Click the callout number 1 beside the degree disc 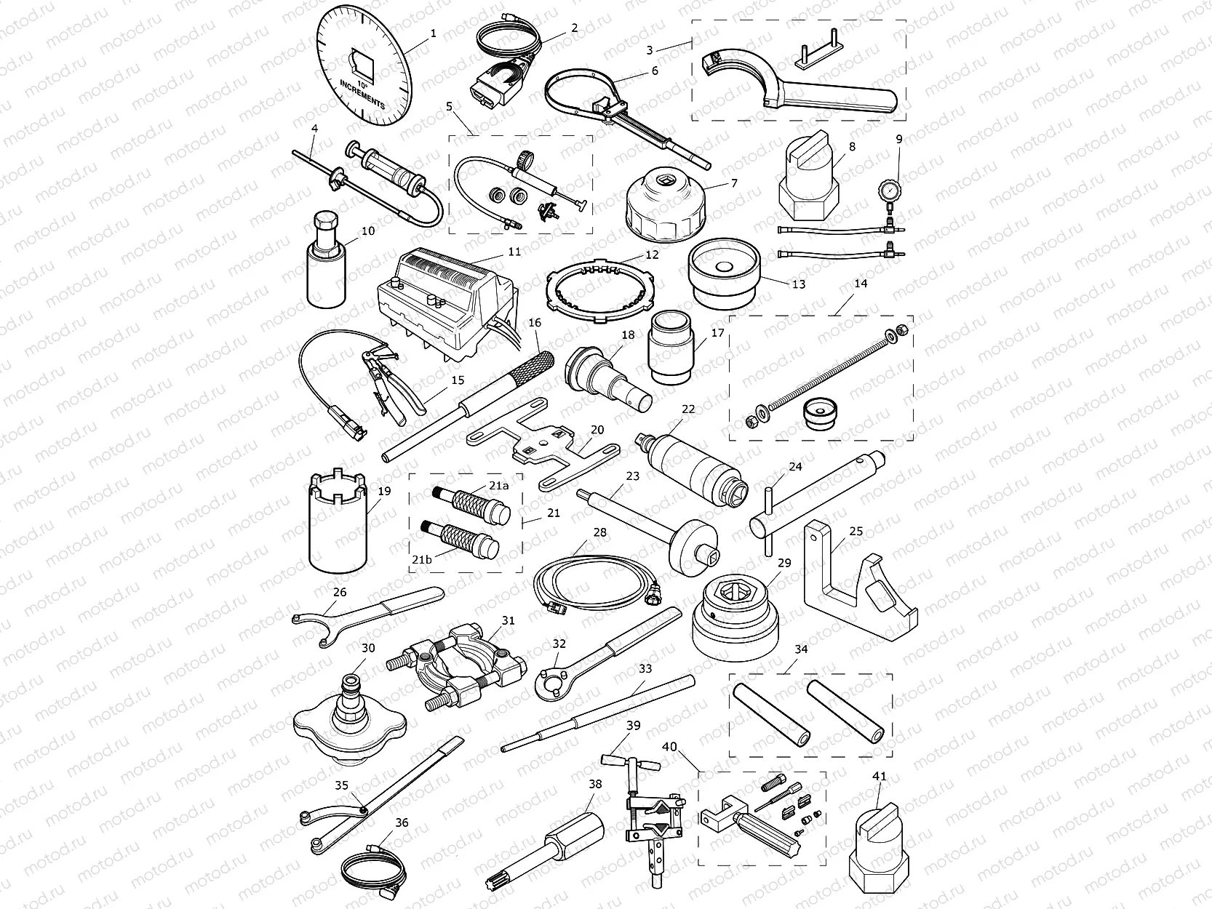point(434,33)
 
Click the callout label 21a point(498,484)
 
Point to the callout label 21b point(421,558)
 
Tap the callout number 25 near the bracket point(856,532)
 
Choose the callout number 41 point(880,777)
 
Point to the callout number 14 point(861,284)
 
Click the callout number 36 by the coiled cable point(402,822)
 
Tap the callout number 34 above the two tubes point(801,649)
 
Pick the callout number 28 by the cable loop point(599,532)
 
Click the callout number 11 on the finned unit point(514,252)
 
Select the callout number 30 point(368,648)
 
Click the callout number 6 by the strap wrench point(655,71)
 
